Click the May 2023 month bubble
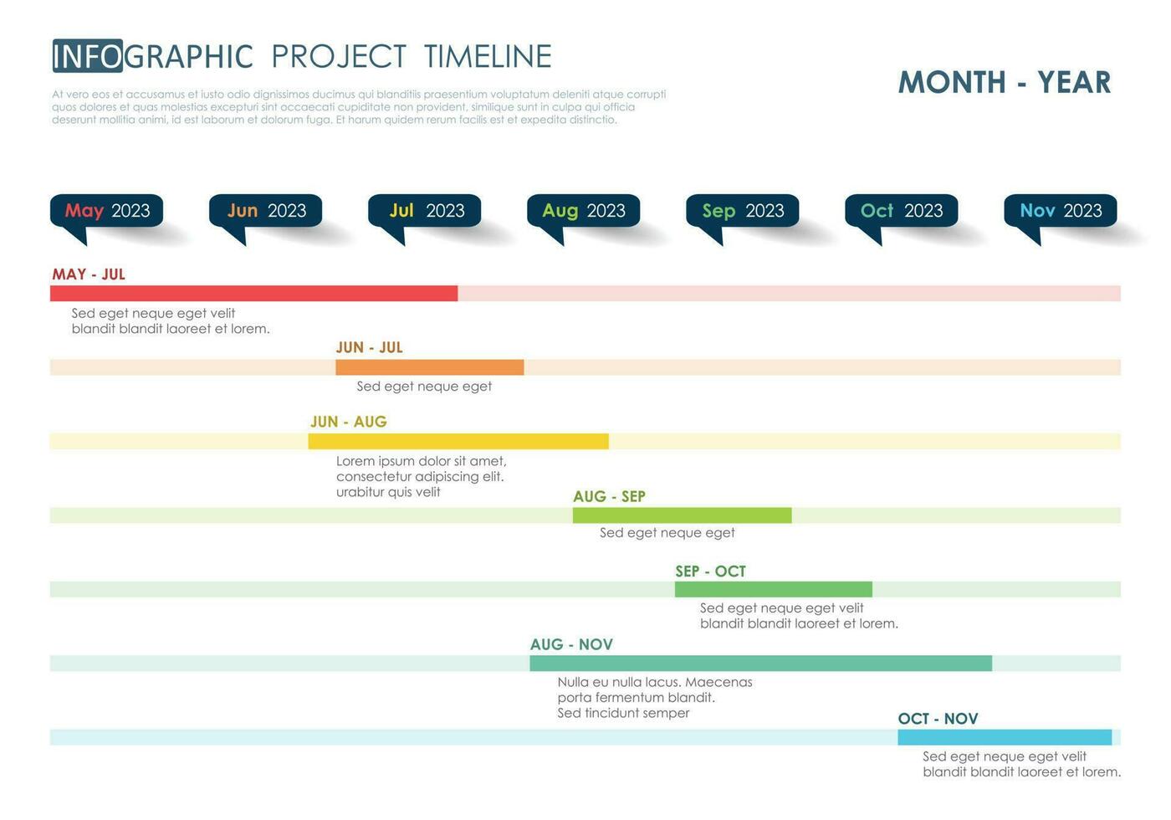point(107,211)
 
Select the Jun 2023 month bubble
point(266,211)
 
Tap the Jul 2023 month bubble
point(425,211)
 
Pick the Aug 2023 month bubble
point(584,211)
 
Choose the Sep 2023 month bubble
point(743,211)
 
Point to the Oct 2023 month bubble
point(902,211)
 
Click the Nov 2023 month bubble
point(1061,211)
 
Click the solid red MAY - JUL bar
point(253,294)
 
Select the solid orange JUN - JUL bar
point(429,367)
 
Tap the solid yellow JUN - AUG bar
point(458,442)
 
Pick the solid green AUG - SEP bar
point(682,515)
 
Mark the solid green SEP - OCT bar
point(773,590)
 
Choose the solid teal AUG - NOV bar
point(760,664)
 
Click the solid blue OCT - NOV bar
point(1005,738)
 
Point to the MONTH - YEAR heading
point(1005,82)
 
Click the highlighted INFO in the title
point(88,56)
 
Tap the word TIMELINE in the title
point(488,56)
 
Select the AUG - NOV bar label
point(571,645)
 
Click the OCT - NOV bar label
point(938,719)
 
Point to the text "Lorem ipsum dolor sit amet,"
point(421,461)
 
